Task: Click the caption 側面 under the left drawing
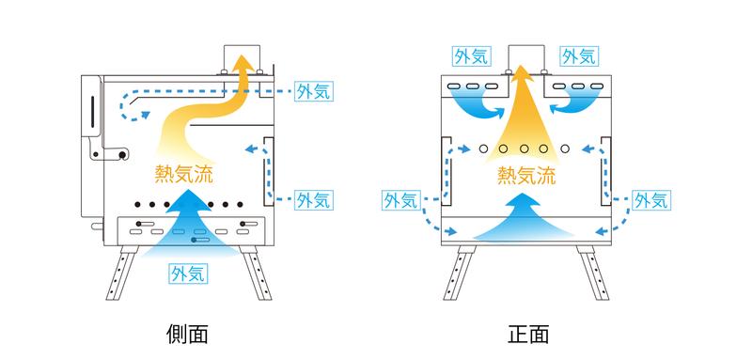187,334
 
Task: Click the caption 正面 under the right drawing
528,334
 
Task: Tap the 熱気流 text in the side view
183,174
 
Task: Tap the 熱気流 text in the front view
526,175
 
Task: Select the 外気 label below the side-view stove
190,274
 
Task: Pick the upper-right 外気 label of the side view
314,91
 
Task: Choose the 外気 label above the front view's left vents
472,56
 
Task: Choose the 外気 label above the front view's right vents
579,56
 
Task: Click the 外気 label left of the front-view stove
402,200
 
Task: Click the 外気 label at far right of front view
650,200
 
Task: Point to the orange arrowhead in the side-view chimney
244,64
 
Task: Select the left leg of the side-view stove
122,273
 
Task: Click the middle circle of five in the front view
525,149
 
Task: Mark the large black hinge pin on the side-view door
123,155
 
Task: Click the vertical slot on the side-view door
92,112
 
